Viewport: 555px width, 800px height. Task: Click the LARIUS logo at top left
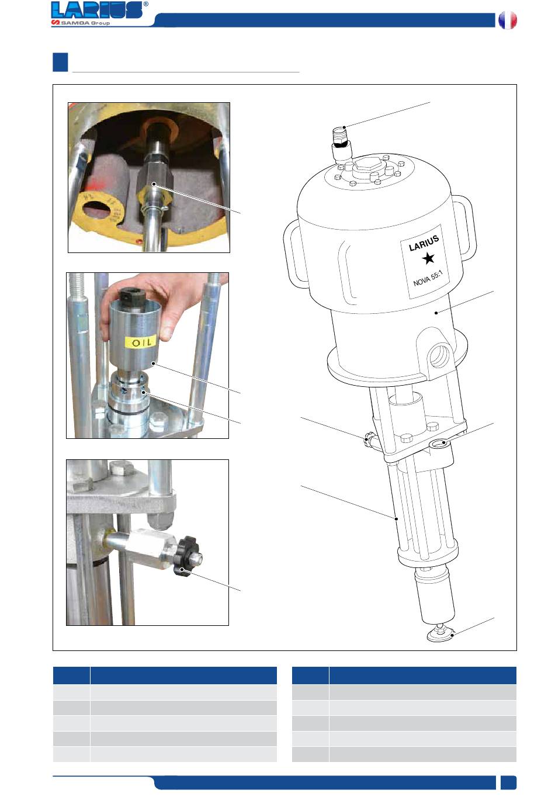coord(97,10)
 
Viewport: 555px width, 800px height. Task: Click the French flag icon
coord(508,20)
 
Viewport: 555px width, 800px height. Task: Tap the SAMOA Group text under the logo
coord(81,23)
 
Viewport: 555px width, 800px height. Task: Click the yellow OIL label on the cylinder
coord(141,342)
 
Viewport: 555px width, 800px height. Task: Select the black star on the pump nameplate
coord(428,258)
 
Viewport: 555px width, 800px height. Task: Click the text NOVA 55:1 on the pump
coord(428,278)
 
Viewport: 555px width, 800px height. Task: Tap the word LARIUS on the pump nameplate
coord(424,243)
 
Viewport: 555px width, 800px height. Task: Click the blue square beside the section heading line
coord(60,62)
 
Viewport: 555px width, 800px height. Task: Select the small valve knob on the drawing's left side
coord(367,439)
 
